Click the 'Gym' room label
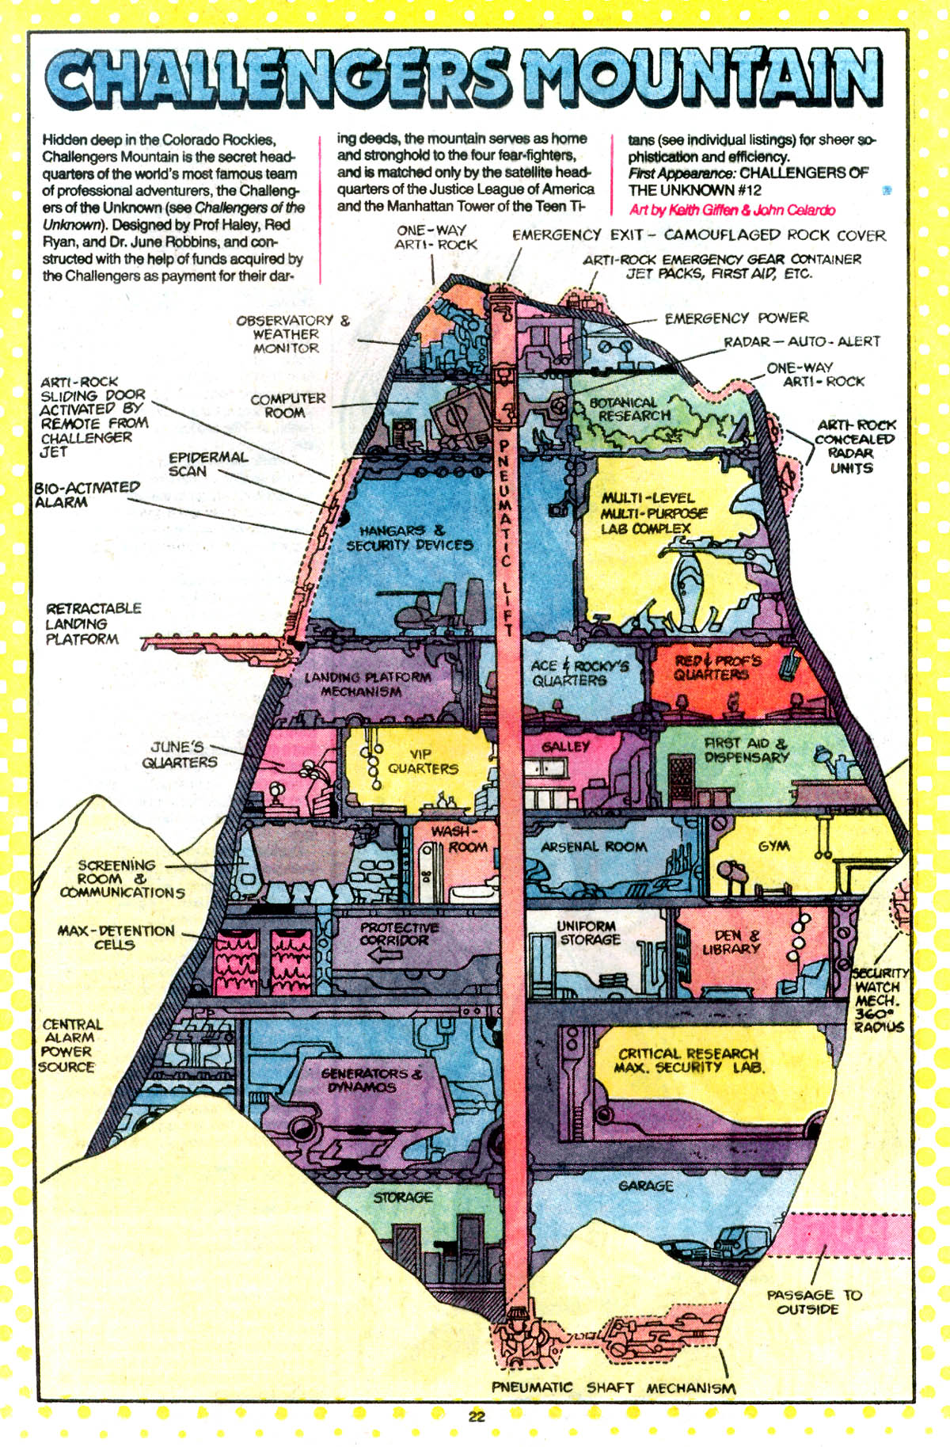(x=773, y=846)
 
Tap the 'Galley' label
(x=566, y=746)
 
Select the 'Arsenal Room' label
(x=594, y=847)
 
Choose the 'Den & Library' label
(x=731, y=942)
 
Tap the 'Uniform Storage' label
(x=588, y=932)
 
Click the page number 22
(x=476, y=1417)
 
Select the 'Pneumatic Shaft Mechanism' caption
(x=614, y=1388)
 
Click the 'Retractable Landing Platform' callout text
(x=93, y=623)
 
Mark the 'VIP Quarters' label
(x=423, y=761)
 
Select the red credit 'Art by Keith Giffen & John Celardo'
(x=732, y=210)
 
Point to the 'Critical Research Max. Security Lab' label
(x=689, y=1060)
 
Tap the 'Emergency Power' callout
(x=736, y=318)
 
